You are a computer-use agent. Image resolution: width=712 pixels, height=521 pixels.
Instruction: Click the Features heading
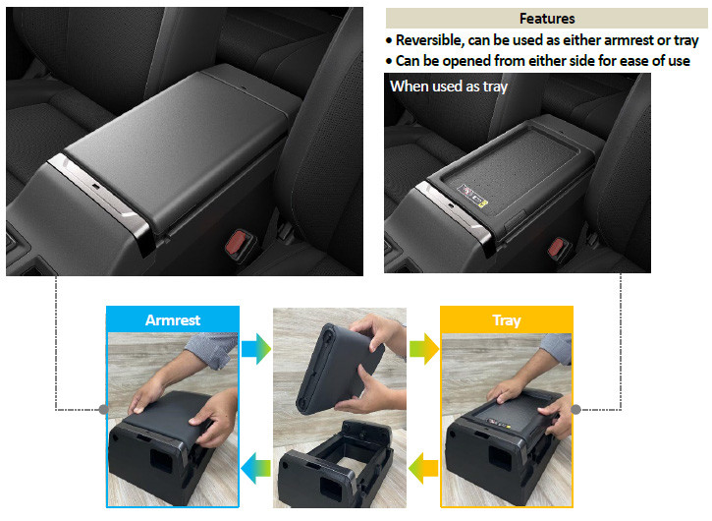click(x=546, y=19)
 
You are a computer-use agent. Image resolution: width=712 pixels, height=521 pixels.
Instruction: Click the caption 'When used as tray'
click(x=448, y=86)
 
